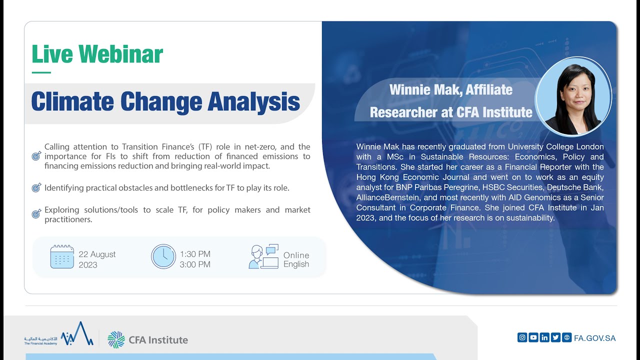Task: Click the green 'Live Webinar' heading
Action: click(x=97, y=54)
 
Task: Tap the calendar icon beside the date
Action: click(x=62, y=256)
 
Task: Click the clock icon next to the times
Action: click(x=163, y=256)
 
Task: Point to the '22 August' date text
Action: click(x=97, y=254)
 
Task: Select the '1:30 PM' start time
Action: click(x=195, y=254)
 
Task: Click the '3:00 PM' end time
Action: click(x=195, y=264)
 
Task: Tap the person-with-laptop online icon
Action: click(x=263, y=256)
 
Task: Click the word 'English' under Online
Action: click(x=296, y=264)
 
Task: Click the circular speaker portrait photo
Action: click(x=573, y=100)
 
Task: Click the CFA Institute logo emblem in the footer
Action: click(x=116, y=339)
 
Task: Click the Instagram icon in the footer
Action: click(x=522, y=337)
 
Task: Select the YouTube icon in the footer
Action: click(x=533, y=337)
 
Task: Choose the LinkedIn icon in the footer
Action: click(x=544, y=337)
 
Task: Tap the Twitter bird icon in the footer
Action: click(x=555, y=337)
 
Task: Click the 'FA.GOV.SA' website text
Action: click(x=595, y=338)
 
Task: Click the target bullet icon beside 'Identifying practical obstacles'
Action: click(x=36, y=188)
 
